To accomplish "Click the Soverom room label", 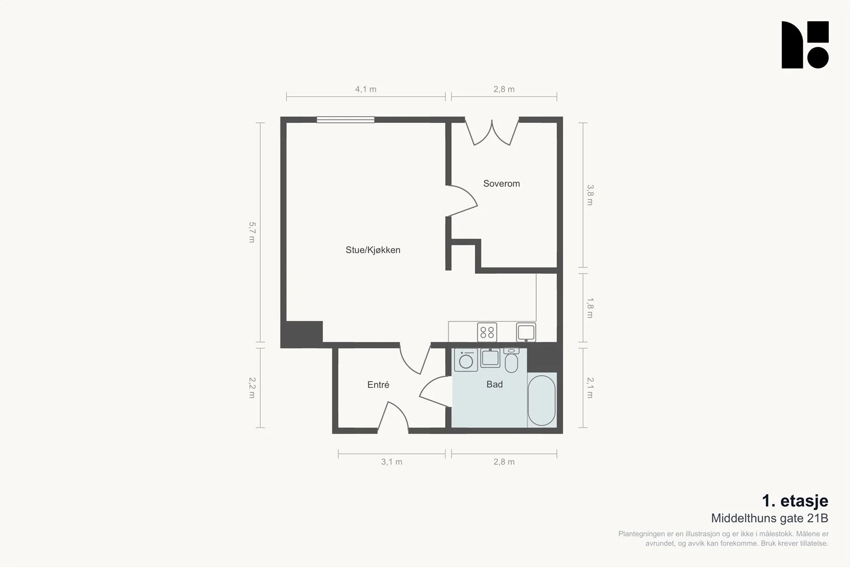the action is (x=501, y=184).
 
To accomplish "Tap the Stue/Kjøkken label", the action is (x=372, y=250).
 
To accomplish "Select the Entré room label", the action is (x=378, y=385).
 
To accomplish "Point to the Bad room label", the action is (x=495, y=384).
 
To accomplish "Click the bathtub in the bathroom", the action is (x=541, y=400).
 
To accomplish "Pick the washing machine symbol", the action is (x=466, y=360).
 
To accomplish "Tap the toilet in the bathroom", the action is (x=511, y=360).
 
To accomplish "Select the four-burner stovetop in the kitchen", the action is (x=487, y=333).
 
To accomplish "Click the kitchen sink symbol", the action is (x=526, y=333).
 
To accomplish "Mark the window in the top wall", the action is (x=345, y=120).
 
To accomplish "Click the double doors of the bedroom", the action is (x=492, y=132).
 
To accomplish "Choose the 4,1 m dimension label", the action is (x=365, y=89).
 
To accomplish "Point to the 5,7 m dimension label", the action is (x=252, y=232).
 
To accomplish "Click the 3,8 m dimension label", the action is (x=590, y=195).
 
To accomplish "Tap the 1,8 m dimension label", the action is (x=590, y=308).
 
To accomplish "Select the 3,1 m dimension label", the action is (x=392, y=462).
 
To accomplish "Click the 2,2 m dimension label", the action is (x=252, y=388).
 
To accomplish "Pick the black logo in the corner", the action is (x=805, y=45).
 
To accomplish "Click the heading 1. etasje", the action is (x=795, y=501).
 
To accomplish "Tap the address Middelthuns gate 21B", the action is (x=770, y=519).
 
